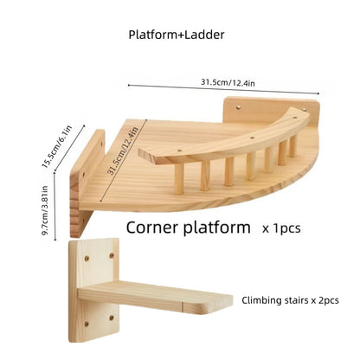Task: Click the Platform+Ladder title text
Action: pos(177,35)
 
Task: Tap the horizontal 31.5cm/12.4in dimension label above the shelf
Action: pos(228,82)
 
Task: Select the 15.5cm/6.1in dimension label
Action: pos(57,146)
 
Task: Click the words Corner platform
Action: pos(189,228)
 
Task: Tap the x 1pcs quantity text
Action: pos(281,228)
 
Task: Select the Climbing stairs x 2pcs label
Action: pos(290,300)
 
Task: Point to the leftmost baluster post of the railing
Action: pos(179,176)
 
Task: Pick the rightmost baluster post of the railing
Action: pos(293,145)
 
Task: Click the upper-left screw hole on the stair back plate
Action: pos(87,258)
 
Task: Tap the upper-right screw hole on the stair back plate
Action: pos(112,255)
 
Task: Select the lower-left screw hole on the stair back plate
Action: pos(86,324)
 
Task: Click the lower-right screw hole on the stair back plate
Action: pos(112,318)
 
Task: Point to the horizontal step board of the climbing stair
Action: pos(156,297)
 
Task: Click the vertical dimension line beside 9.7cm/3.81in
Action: pos(55,206)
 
